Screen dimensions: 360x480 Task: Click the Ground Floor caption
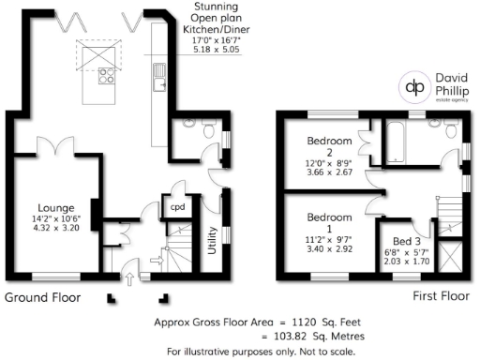(43, 297)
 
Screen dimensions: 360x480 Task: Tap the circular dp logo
(413, 86)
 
